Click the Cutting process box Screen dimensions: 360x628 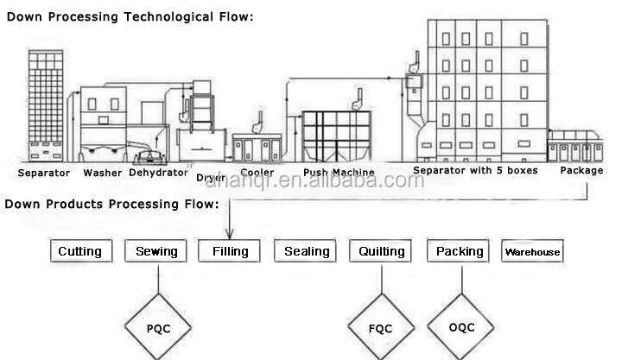(79, 252)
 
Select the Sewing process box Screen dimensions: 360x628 (156, 252)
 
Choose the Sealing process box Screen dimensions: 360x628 (307, 252)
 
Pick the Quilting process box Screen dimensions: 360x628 (381, 252)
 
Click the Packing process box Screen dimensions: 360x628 (459, 252)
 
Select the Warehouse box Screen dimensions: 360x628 (532, 252)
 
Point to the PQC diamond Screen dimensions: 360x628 (158, 328)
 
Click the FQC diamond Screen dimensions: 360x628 (379, 328)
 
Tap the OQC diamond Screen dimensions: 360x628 (462, 327)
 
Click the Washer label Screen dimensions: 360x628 (102, 173)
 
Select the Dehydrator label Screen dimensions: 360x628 (158, 173)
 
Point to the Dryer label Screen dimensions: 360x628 (211, 178)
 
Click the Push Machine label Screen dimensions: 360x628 (339, 173)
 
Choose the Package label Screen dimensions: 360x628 (581, 170)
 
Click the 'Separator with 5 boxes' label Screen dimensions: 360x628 (475, 170)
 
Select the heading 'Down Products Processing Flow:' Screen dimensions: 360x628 (111, 205)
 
